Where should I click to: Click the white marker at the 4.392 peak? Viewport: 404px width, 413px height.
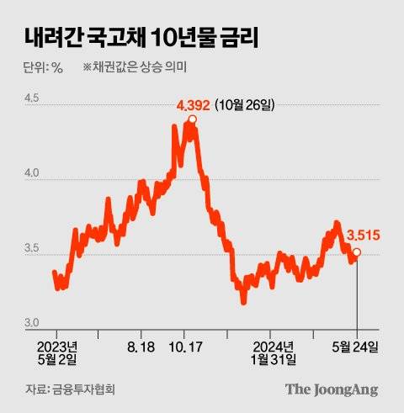pyautogui.click(x=193, y=120)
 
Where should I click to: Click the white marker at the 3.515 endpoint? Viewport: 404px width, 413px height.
pyautogui.click(x=357, y=252)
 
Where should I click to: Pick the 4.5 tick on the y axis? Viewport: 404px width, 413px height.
pyautogui.click(x=32, y=98)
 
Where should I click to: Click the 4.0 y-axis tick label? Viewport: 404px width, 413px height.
pyautogui.click(x=32, y=174)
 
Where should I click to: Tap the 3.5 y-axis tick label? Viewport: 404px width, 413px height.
pyautogui.click(x=32, y=249)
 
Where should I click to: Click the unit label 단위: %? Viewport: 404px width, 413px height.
pyautogui.click(x=44, y=68)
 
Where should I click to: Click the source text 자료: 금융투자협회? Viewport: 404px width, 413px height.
pyautogui.click(x=70, y=389)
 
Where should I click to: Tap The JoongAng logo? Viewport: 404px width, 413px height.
pyautogui.click(x=331, y=389)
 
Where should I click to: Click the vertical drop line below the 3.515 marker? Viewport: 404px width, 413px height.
pyautogui.click(x=357, y=294)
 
